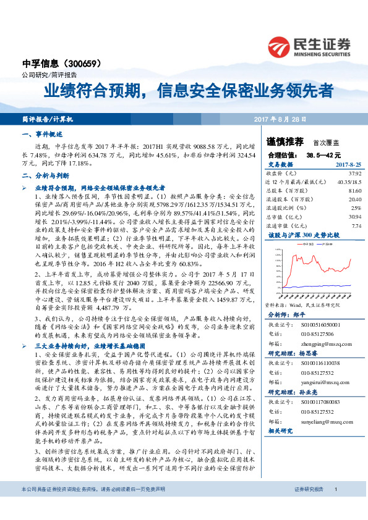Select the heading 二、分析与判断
pos(44,176)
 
